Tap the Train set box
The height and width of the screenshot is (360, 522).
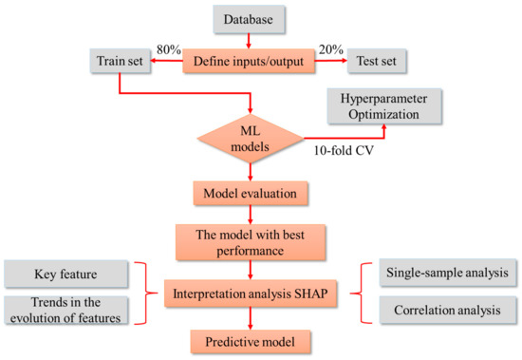pos(121,62)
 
